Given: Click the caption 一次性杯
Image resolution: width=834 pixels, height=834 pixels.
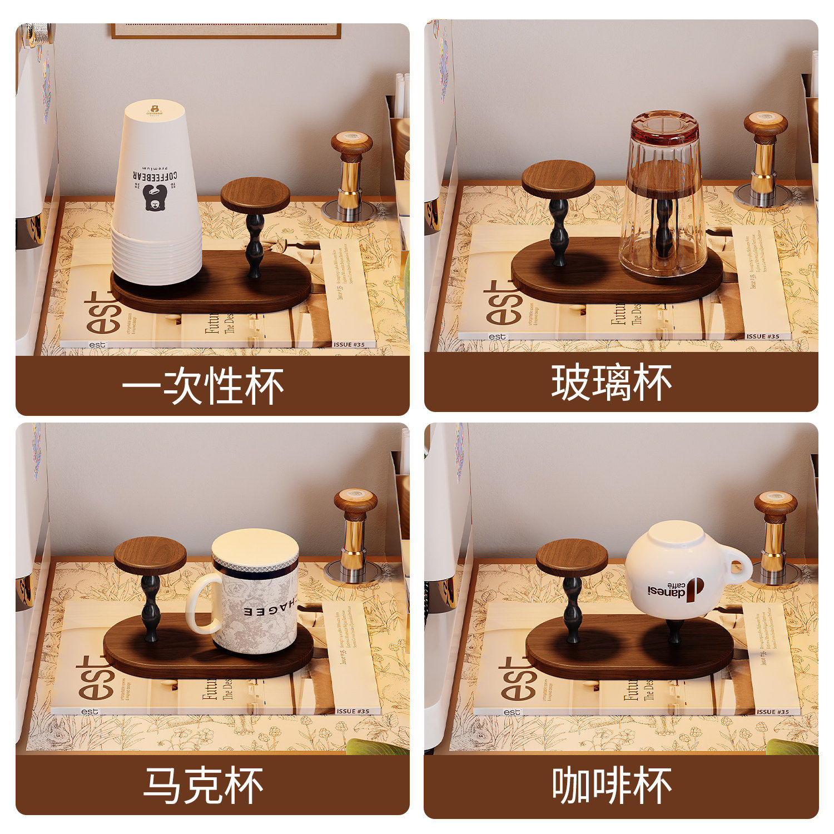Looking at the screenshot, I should pos(202,385).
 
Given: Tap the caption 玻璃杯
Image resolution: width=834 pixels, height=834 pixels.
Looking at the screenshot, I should pos(611,383).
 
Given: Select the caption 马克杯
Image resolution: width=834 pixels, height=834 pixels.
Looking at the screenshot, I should pos(203,785).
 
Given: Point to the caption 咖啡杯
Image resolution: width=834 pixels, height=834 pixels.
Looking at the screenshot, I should pos(612,785).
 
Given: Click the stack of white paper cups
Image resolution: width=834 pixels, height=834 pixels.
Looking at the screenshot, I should pos(156,195).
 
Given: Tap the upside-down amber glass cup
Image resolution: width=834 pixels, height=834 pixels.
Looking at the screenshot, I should pos(663,195).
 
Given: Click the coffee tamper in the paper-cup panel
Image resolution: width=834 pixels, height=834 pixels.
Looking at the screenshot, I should pos(351,175).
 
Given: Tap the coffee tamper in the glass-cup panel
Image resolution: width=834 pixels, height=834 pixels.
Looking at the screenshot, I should pos(765,158).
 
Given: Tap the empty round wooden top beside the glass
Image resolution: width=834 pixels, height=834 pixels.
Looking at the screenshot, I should pos(558,178).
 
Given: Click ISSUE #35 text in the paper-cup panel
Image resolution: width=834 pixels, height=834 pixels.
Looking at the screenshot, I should pos(349,344).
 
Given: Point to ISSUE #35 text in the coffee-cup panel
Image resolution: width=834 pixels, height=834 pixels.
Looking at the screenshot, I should pos(772,712).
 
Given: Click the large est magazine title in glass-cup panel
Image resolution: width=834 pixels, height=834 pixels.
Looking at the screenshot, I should pos(504,302).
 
